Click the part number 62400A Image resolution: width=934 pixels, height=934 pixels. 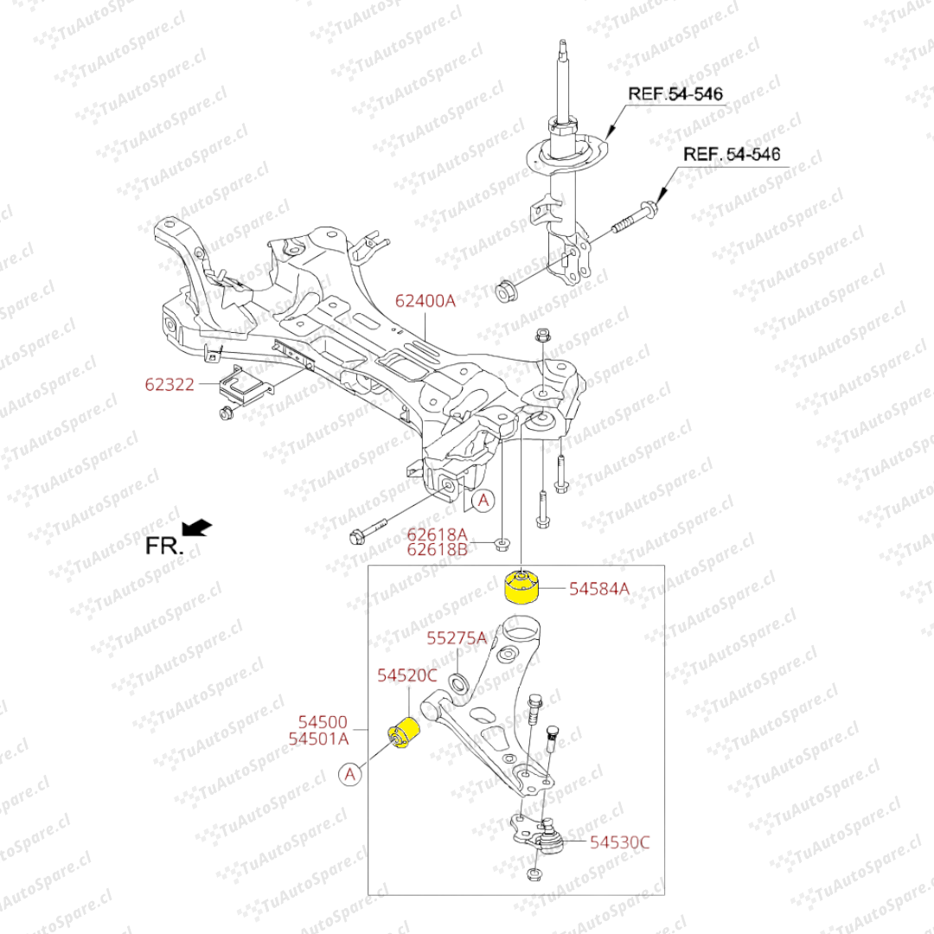coord(425,301)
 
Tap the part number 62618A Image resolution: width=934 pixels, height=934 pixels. coord(437,534)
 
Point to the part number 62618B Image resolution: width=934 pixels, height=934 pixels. coord(437,548)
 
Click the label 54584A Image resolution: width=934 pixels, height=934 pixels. coord(598,589)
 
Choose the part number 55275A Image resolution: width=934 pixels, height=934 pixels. coord(457,638)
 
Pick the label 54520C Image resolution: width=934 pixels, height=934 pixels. coord(406,675)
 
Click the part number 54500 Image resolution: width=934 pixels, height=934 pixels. coord(323,721)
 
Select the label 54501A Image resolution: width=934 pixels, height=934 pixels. coord(318,739)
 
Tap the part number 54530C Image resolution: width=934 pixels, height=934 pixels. coord(620,841)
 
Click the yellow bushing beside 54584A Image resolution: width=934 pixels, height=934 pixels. coord(521,585)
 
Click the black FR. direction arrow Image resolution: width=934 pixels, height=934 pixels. coord(197,527)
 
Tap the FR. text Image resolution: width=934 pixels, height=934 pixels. coord(163,546)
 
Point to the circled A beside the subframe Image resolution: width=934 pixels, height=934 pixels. coord(483,499)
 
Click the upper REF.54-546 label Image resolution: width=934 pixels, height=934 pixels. coord(675,93)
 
